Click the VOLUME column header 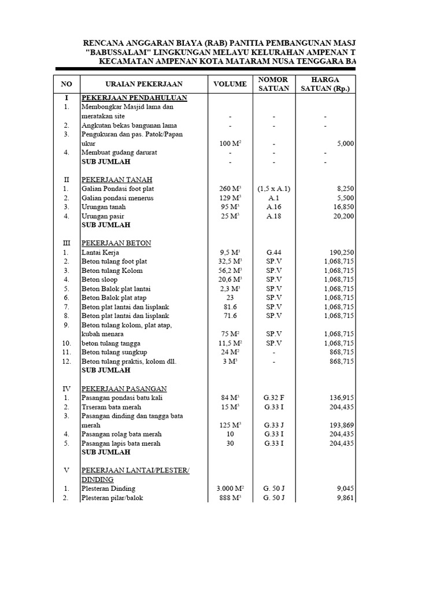[230, 84]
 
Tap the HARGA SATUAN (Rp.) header [325, 84]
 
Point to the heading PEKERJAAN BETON [116, 243]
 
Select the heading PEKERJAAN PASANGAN [124, 388]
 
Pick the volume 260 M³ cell [230, 188]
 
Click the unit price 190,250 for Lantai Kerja [339, 253]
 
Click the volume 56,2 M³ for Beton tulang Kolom [230, 271]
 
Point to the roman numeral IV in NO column [66, 388]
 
